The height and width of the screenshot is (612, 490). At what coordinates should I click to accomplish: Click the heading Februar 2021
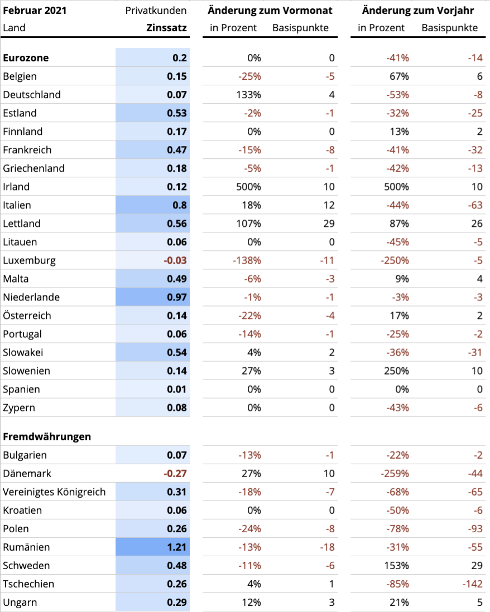(35, 11)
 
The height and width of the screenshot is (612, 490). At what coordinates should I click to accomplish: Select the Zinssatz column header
(166, 28)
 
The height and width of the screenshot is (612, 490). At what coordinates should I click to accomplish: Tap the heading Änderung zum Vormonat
(270, 11)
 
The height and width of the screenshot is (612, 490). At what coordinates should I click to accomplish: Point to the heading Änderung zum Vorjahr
(417, 11)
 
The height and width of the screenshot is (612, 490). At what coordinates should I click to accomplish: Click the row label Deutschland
(32, 95)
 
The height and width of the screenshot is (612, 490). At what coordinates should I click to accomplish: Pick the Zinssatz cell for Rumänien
(176, 547)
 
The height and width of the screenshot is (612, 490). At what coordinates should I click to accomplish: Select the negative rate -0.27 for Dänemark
(175, 473)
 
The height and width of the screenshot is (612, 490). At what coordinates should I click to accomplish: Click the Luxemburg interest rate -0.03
(175, 260)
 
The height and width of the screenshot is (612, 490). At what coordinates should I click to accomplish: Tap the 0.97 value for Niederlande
(176, 298)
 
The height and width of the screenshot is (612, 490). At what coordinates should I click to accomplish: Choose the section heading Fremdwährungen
(47, 437)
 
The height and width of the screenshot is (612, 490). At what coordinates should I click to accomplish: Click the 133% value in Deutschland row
(248, 95)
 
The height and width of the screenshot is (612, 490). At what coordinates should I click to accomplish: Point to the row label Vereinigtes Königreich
(54, 492)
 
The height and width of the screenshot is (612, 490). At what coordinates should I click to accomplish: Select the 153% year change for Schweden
(396, 566)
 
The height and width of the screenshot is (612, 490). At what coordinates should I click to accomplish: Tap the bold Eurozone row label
(26, 58)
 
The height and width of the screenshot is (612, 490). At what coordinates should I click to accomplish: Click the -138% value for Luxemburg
(247, 260)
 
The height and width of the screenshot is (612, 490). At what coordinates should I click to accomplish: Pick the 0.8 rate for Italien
(180, 205)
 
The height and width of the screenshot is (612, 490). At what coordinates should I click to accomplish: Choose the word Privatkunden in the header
(156, 11)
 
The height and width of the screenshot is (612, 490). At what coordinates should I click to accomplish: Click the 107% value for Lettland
(248, 224)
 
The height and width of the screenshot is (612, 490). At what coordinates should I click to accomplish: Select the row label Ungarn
(20, 603)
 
